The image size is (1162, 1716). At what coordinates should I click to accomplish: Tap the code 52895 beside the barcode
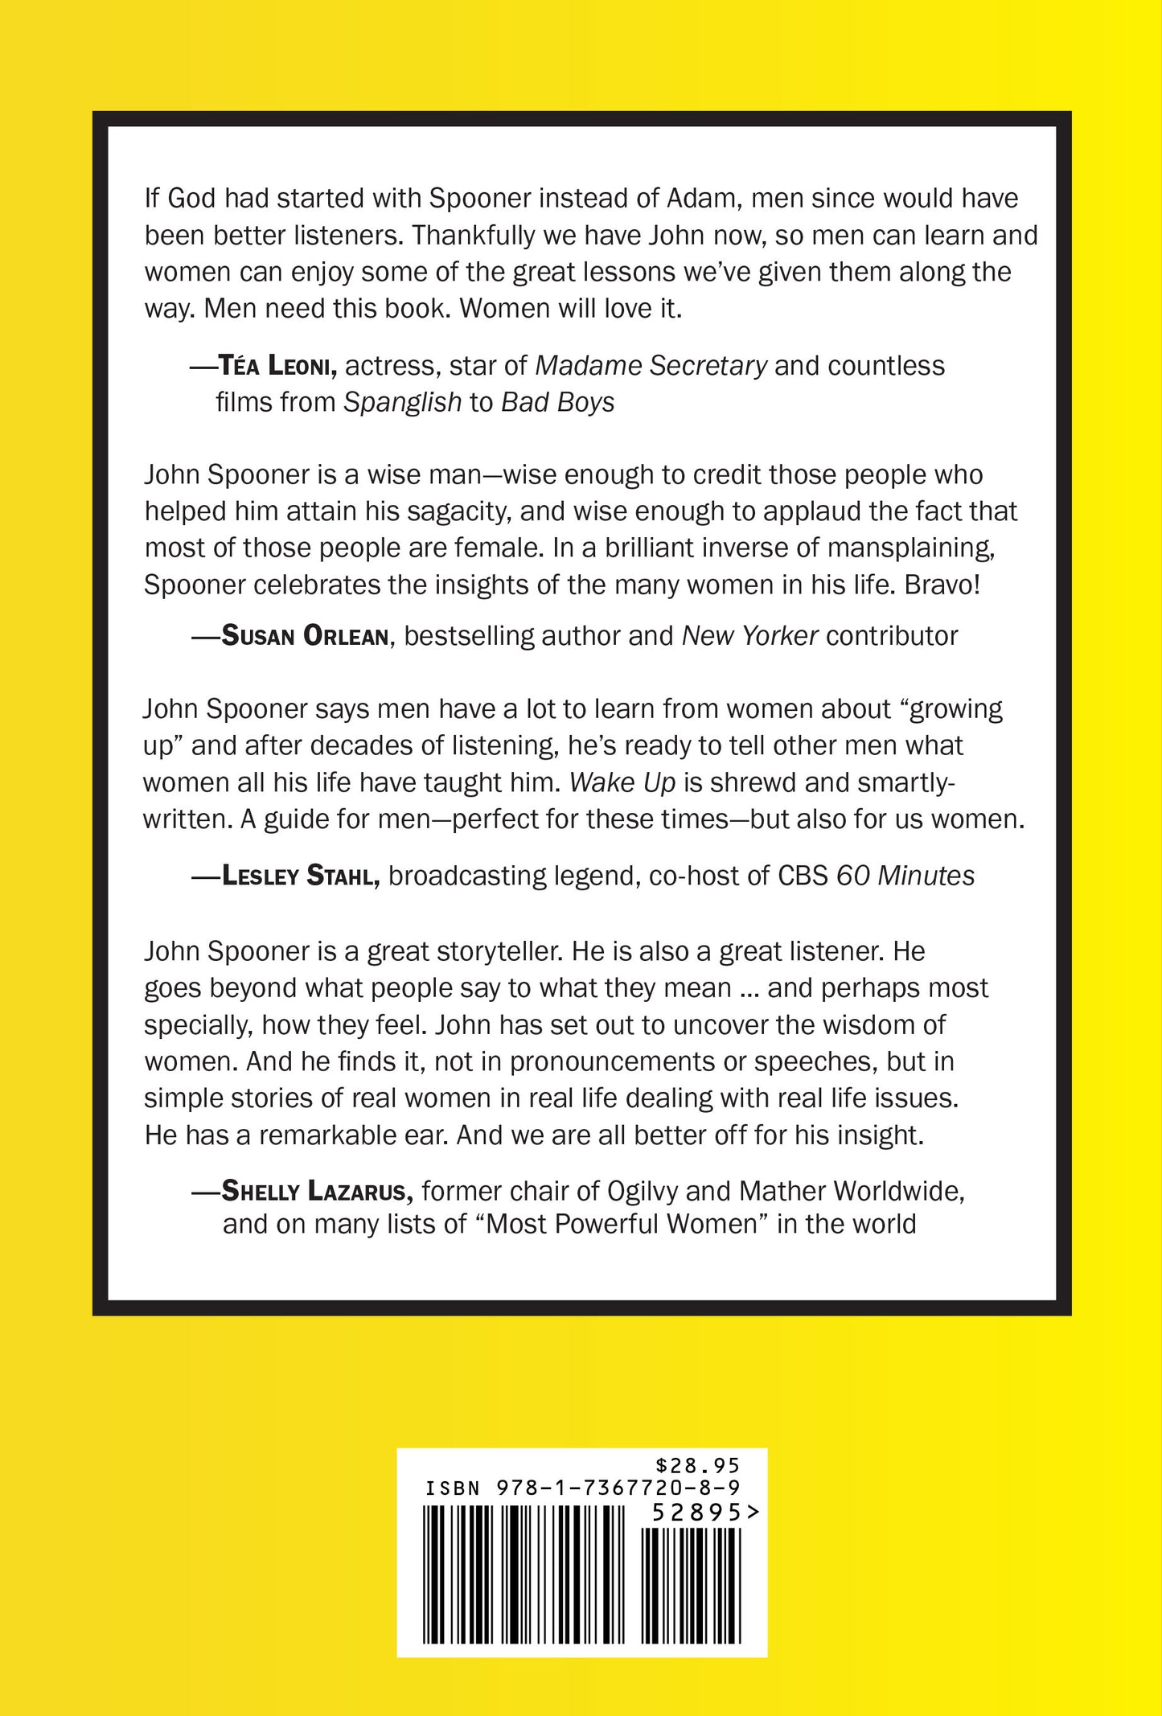696,1513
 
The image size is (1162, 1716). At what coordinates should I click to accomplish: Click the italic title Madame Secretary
651,367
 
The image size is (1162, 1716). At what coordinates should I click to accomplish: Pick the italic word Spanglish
402,402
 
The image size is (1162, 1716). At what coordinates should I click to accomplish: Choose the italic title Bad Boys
557,402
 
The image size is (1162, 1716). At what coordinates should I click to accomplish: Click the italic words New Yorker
749,636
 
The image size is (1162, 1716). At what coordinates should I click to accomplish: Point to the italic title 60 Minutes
905,876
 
